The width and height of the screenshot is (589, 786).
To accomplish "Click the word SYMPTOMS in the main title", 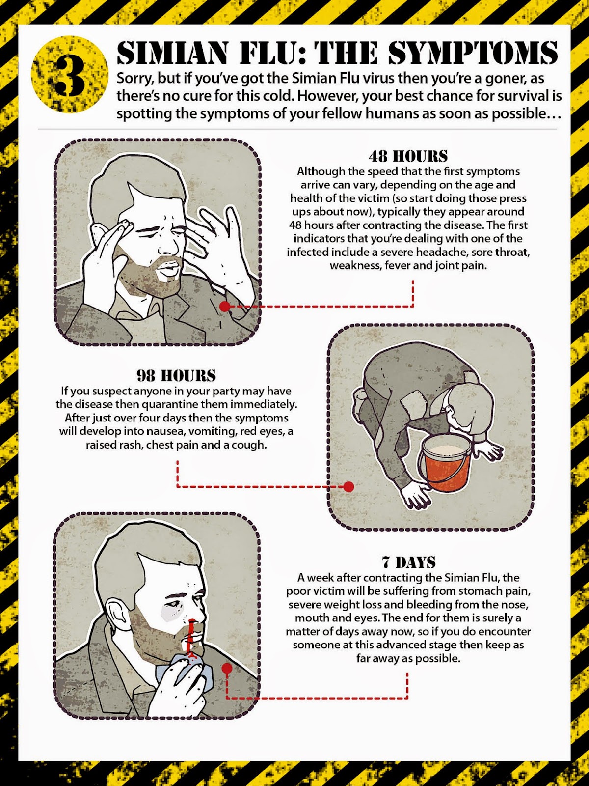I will point(472,53).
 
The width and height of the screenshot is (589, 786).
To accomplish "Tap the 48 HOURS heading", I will point(408,156).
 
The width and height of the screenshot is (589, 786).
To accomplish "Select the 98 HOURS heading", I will point(176,376).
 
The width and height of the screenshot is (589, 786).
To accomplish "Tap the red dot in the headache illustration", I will point(225,307).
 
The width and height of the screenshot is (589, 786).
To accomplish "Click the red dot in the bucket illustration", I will point(348,487).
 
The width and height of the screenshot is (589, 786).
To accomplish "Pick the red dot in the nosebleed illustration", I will point(227,668).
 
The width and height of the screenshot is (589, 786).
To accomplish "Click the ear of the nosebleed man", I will point(116,617).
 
